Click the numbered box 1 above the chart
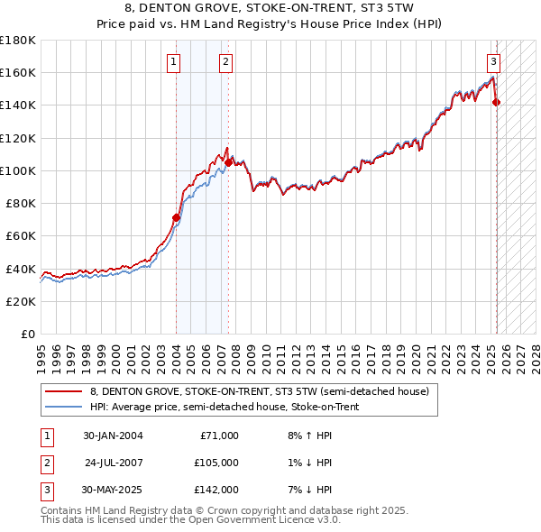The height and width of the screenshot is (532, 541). pos(172,62)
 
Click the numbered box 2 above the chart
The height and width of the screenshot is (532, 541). pos(225,62)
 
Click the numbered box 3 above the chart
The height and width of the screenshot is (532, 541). pos(494,62)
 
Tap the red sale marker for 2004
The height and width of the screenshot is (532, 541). pos(177,217)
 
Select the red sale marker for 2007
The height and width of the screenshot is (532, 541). pos(229,162)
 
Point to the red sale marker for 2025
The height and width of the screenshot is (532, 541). pos(497,102)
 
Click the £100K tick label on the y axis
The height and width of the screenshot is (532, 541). pos(18,170)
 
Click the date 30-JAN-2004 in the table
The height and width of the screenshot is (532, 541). pos(113,436)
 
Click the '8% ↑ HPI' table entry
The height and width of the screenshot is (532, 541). pos(308,436)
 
